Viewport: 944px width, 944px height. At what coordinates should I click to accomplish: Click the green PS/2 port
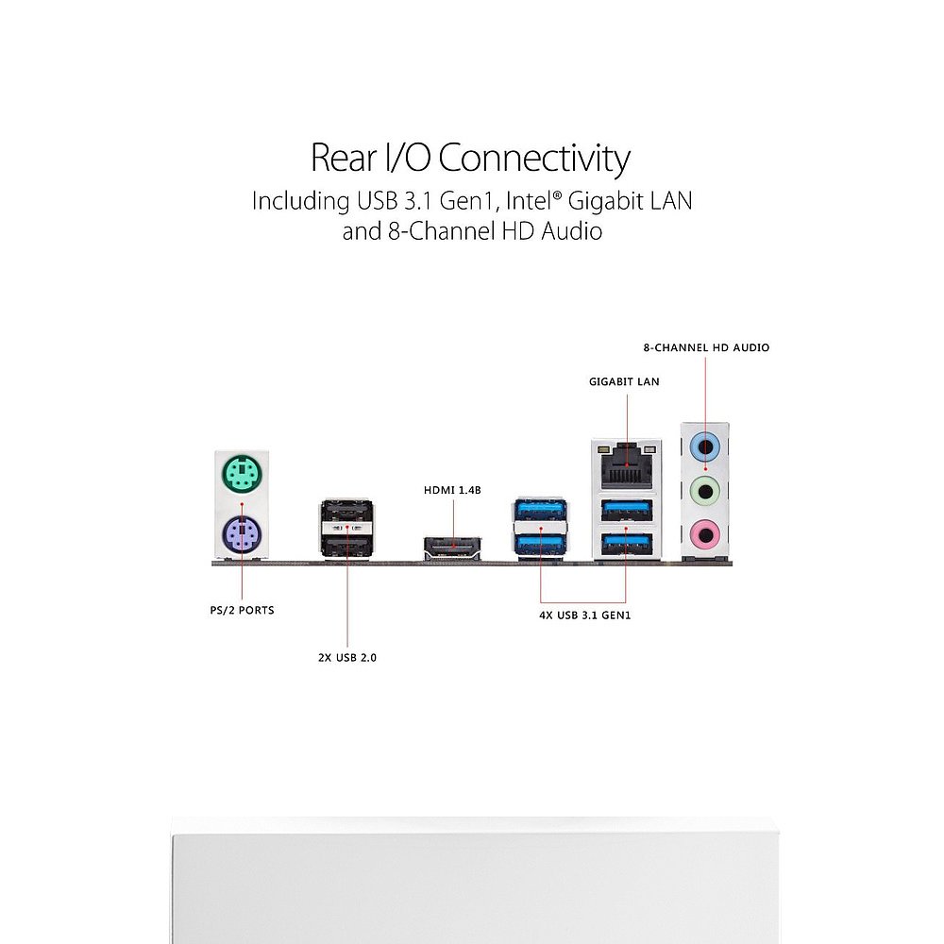click(240, 475)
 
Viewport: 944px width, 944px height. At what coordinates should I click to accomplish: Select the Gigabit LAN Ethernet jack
click(626, 463)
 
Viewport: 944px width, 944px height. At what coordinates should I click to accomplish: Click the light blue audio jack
click(705, 446)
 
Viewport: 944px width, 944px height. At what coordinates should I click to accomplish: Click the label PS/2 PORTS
click(242, 610)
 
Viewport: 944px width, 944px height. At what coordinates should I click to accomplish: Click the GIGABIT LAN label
click(624, 382)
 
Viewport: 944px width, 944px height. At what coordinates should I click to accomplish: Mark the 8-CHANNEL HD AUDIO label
click(706, 347)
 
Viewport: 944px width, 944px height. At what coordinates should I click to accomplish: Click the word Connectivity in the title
click(533, 158)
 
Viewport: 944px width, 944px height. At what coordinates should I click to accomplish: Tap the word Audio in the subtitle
click(571, 230)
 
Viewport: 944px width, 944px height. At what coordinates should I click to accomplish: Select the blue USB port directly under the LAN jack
click(626, 510)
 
